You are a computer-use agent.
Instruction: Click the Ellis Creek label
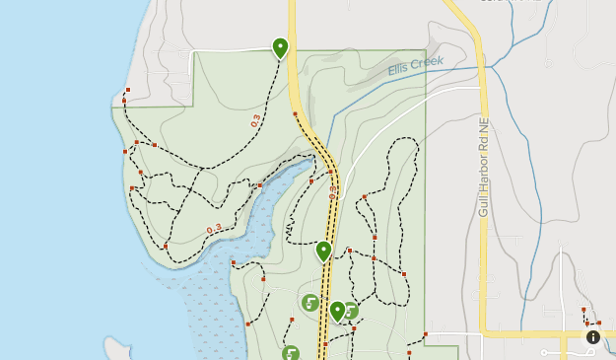coord(415,65)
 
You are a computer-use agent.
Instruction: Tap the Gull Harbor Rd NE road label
coord(483,168)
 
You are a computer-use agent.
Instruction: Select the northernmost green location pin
coord(280,46)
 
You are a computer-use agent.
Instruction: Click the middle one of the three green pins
coord(323,251)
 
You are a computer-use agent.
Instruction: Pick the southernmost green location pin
coord(337,311)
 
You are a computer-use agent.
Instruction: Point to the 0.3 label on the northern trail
coord(256,121)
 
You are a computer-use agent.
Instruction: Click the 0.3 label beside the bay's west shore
coord(214,230)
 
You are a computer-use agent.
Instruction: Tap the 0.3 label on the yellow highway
coord(333,190)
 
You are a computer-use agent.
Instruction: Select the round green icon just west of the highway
coord(309,303)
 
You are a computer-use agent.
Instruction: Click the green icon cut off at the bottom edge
coord(290,353)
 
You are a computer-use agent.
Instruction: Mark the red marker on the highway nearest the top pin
coord(295,114)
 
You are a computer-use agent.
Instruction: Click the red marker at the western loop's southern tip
coord(166,246)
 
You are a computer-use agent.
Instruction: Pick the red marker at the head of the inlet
coord(311,180)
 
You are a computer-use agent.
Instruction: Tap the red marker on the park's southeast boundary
coord(426,333)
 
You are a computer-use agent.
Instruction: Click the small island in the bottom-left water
coord(117,349)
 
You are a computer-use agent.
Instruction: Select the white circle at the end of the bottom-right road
coord(543,352)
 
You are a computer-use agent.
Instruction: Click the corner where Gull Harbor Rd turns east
coord(484,332)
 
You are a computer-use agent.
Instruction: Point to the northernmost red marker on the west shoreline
coord(128,90)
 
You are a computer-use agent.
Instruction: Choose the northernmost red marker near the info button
coord(583,310)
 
